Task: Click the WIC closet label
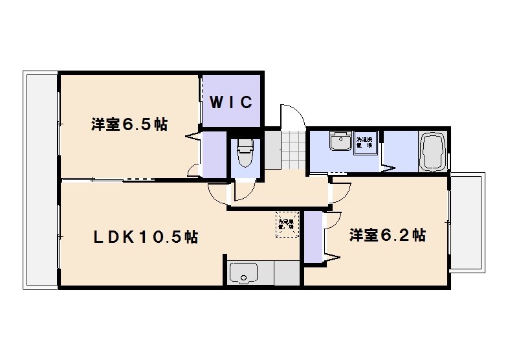(230, 102)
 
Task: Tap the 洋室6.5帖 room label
(129, 124)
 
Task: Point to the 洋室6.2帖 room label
(388, 235)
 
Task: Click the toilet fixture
(245, 153)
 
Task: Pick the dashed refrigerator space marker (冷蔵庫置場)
(285, 224)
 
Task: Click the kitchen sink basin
(244, 273)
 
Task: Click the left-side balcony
(41, 179)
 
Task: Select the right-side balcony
(467, 221)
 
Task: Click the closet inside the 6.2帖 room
(313, 237)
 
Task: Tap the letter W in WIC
(215, 102)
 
